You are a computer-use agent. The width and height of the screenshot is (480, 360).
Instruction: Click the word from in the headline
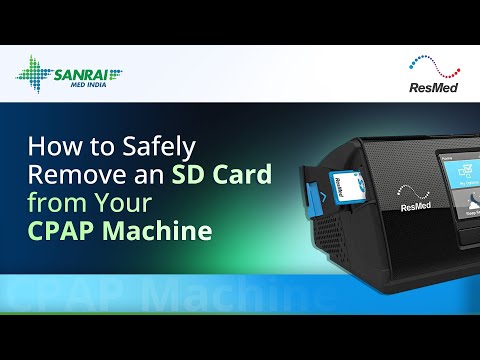[x=71, y=202]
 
